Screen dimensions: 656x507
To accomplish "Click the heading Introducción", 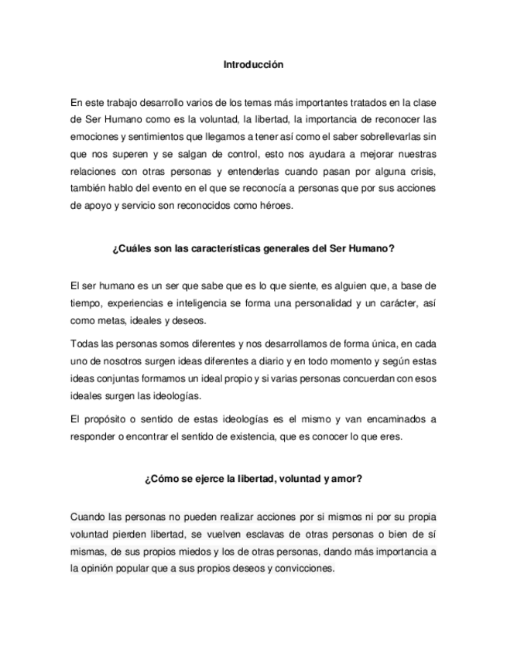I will (x=253, y=65).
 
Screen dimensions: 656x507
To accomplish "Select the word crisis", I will (x=423, y=172).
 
